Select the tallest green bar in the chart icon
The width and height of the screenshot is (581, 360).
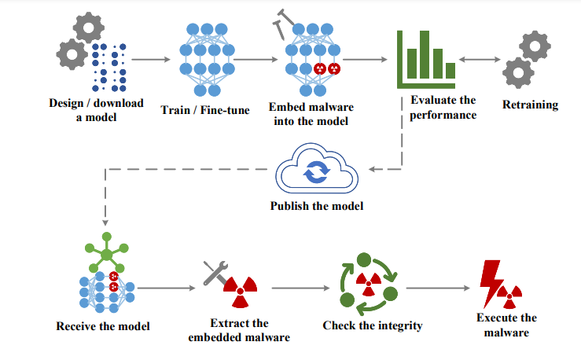point(425,54)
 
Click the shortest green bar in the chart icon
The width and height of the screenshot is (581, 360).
point(450,71)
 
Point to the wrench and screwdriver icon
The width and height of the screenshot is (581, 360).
point(215,273)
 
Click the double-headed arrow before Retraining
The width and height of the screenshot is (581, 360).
point(480,59)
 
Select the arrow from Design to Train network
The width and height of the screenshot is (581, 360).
point(151,59)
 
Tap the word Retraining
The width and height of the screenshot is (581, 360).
point(530,105)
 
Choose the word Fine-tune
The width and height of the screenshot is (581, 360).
point(225,110)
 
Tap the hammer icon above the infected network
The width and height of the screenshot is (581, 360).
point(284,24)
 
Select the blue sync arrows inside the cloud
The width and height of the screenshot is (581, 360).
point(317,172)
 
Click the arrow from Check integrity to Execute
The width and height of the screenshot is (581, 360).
point(438,288)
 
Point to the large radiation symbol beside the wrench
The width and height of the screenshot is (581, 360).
point(240,292)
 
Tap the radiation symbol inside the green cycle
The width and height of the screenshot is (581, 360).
point(368,284)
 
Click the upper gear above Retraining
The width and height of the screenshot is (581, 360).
point(535,46)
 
